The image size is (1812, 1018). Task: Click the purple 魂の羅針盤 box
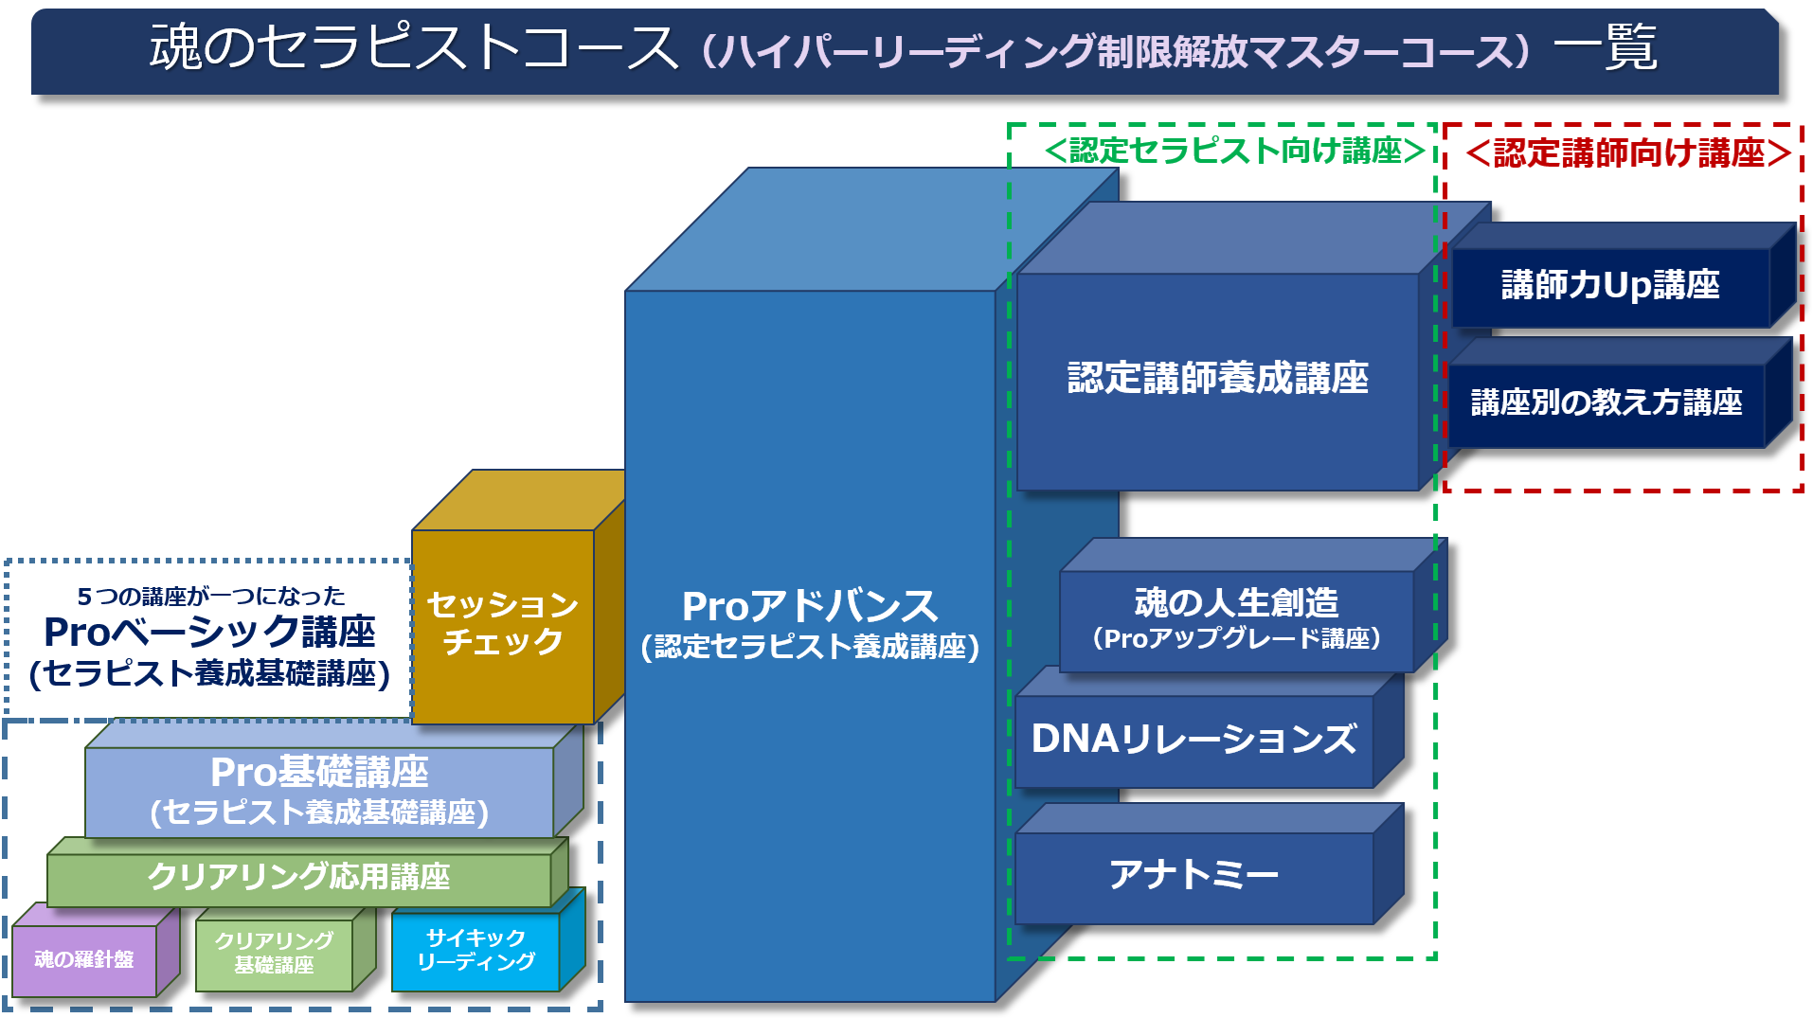tap(84, 959)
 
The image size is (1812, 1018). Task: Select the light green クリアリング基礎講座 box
tap(274, 953)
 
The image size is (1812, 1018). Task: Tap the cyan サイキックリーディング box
tap(475, 951)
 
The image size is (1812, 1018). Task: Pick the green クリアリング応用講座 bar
tap(298, 877)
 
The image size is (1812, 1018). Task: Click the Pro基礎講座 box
tap(319, 791)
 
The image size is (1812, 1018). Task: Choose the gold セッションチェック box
tap(503, 624)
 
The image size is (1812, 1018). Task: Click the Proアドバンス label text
tap(810, 606)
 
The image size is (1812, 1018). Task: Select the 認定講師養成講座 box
tap(1217, 379)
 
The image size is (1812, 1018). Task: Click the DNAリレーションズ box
tap(1193, 740)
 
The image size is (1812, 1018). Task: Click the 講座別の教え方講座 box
tap(1606, 403)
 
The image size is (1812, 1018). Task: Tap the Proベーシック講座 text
tap(209, 632)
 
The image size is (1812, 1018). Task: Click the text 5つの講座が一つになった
tap(211, 597)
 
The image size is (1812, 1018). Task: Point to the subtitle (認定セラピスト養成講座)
tap(810, 647)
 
